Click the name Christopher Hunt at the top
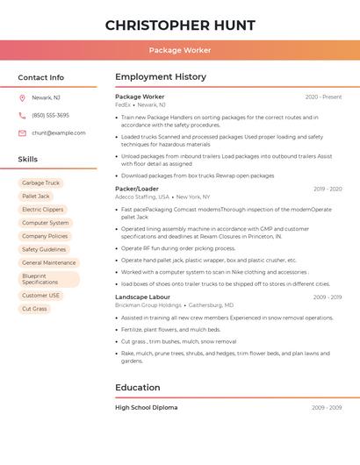(180, 25)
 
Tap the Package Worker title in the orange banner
(180, 50)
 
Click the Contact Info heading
(41, 77)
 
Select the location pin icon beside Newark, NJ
(22, 97)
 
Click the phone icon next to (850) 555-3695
(22, 115)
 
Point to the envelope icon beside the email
(22, 133)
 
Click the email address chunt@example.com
(59, 133)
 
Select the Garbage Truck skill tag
(40, 183)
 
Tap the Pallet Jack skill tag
(36, 197)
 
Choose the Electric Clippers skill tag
(42, 210)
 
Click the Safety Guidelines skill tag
(44, 249)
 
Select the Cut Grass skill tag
(34, 309)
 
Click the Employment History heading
(161, 77)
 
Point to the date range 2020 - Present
(323, 97)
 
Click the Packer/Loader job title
(137, 189)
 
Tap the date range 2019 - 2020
(328, 189)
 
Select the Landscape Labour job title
(143, 297)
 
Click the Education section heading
(138, 387)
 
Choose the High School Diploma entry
(147, 408)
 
